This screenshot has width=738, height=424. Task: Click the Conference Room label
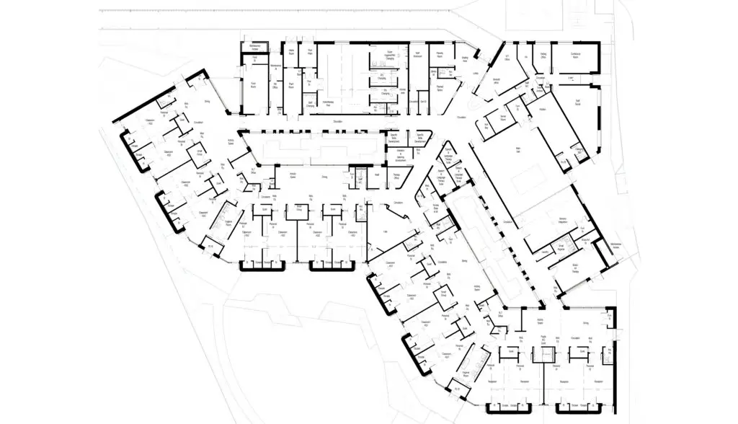[574, 55]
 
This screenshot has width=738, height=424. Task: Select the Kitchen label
[542, 109]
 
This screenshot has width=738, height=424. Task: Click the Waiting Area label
[465, 59]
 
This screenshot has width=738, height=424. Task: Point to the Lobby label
[475, 74]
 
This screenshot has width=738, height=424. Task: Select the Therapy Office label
[396, 175]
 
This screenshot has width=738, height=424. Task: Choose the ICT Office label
[507, 56]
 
